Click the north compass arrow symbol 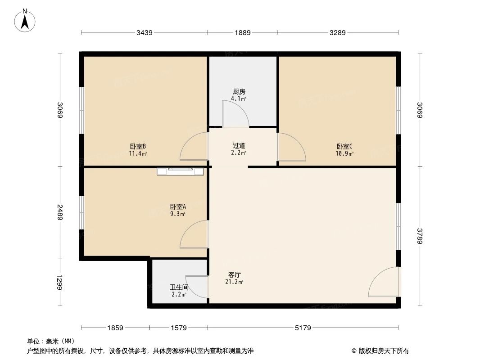(25, 20)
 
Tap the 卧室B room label (138, 146)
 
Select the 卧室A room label (178, 207)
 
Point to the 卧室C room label (344, 146)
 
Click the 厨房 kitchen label (239, 92)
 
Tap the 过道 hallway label (239, 146)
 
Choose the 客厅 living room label (234, 274)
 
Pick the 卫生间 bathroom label (179, 288)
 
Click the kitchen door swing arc (235, 113)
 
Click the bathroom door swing (197, 287)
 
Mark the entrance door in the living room (384, 282)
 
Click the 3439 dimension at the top (145, 32)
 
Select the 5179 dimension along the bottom (303, 328)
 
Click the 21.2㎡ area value (234, 282)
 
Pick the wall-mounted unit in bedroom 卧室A (181, 171)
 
